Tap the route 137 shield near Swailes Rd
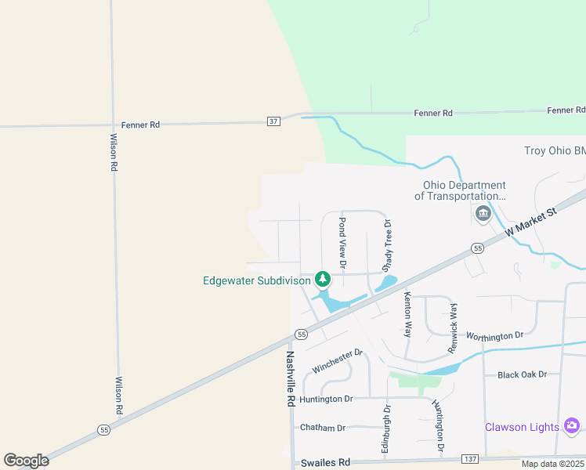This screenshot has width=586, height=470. (x=470, y=458)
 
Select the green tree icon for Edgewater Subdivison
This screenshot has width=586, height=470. (x=321, y=278)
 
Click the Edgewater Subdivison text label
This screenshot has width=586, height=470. (x=257, y=280)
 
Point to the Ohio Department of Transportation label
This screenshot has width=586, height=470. (x=464, y=190)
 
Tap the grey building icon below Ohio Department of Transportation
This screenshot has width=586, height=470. (x=482, y=212)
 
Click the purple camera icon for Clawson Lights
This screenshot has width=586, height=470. (x=572, y=426)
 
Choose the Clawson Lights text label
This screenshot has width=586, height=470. (x=522, y=427)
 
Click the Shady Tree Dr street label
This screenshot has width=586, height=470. (x=387, y=244)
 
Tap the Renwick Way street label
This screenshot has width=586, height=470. (x=452, y=326)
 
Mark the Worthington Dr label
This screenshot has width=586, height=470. (x=494, y=335)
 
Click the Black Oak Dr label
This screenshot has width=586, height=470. (x=521, y=375)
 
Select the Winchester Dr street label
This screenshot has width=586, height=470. (x=337, y=361)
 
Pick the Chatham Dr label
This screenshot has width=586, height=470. (x=323, y=428)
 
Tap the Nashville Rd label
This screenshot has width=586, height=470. (x=290, y=377)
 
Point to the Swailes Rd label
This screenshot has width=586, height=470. (x=325, y=463)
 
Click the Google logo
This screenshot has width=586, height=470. (x=26, y=461)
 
